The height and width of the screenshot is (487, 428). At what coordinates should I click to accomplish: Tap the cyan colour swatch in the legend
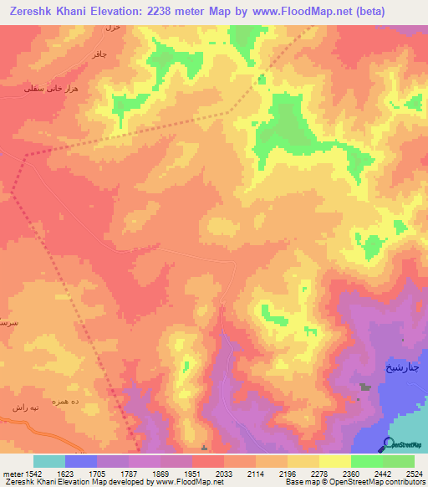[49, 461]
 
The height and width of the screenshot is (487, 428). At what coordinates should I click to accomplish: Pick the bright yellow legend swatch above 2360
[335, 461]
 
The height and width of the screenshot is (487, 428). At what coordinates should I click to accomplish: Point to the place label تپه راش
[23, 407]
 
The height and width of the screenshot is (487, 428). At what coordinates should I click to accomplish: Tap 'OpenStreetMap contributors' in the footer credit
[388, 482]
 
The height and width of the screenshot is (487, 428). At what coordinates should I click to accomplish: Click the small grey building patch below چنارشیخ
[365, 387]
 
